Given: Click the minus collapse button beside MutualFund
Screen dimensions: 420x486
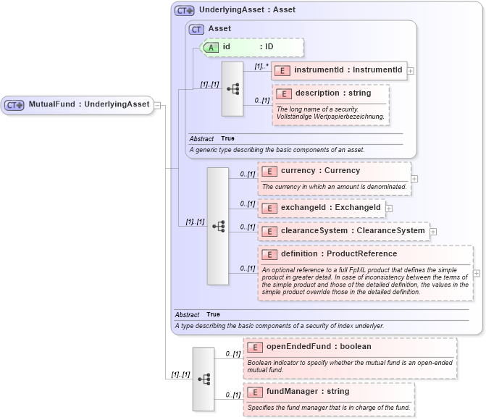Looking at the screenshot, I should point(157,104).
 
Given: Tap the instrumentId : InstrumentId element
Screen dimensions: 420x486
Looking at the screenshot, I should point(338,70).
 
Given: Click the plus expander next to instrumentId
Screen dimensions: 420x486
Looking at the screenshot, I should point(411,71).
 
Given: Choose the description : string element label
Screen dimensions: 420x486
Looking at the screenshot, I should point(322,93).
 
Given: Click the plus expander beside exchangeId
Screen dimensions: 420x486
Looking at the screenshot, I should point(389,209).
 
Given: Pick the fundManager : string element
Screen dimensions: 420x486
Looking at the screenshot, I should point(307,392).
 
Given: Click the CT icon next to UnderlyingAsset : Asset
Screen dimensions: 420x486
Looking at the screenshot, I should point(185,11).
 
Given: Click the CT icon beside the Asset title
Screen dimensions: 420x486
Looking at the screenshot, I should point(196,29).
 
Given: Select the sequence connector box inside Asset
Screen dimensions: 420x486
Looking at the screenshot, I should point(232,88).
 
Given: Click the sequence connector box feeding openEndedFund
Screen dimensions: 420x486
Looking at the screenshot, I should point(204,379).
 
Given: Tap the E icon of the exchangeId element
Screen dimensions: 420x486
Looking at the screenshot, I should point(269,209).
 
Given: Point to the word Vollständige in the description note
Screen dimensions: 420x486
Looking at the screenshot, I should point(298,116).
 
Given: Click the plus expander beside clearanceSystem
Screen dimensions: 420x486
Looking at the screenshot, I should point(433,232).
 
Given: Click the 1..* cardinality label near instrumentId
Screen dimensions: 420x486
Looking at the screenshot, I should point(261,66).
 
